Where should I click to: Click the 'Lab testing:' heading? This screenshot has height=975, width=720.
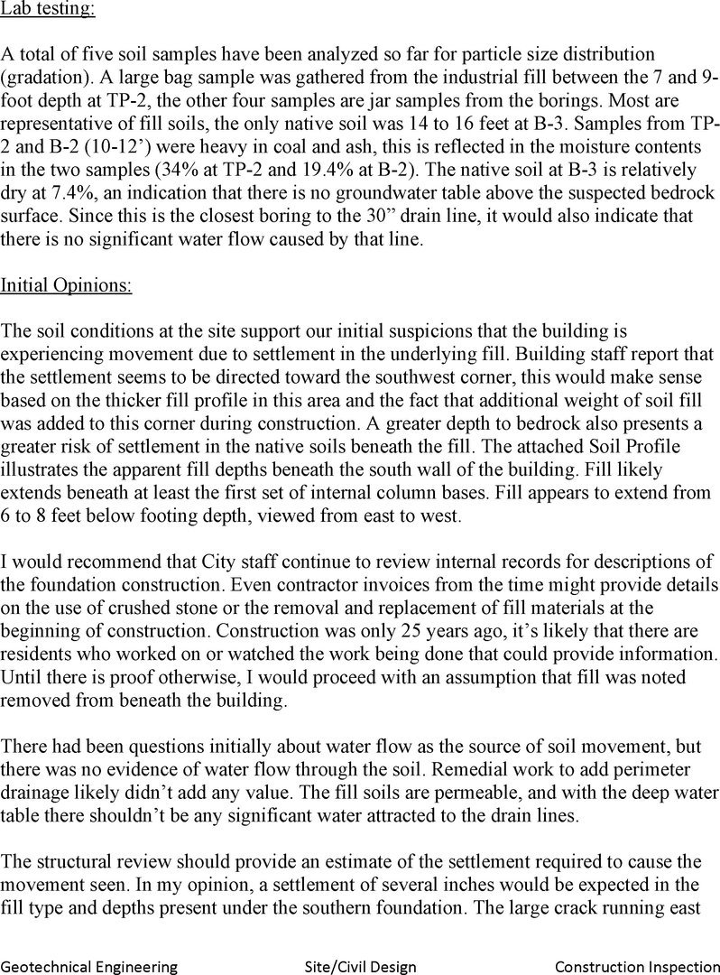[47, 11]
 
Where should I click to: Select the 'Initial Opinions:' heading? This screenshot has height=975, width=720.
[66, 286]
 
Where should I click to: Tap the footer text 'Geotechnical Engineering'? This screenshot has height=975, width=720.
[88, 967]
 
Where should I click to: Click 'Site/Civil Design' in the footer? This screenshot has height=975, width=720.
[360, 967]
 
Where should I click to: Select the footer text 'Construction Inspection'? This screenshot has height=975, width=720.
[636, 967]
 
